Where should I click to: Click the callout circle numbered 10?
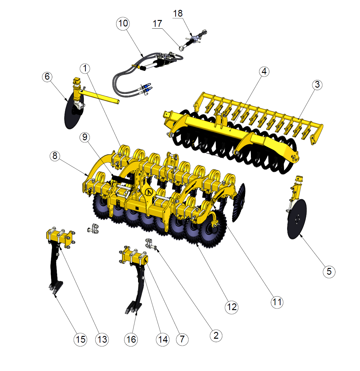[x=123, y=23]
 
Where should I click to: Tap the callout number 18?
[x=178, y=13]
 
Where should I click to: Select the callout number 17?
[x=157, y=24]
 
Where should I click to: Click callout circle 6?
[x=47, y=77]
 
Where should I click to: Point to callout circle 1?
[x=85, y=68]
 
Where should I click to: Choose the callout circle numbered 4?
[x=264, y=71]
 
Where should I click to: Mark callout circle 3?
[x=317, y=85]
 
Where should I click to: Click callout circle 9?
[x=85, y=137]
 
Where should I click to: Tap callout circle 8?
[x=55, y=156]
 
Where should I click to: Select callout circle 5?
[x=329, y=271]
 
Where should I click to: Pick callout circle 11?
[x=277, y=302]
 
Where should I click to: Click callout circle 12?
[x=231, y=307]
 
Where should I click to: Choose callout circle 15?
[x=80, y=339]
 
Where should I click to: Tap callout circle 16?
[x=131, y=339]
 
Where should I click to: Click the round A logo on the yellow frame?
[x=149, y=192]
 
